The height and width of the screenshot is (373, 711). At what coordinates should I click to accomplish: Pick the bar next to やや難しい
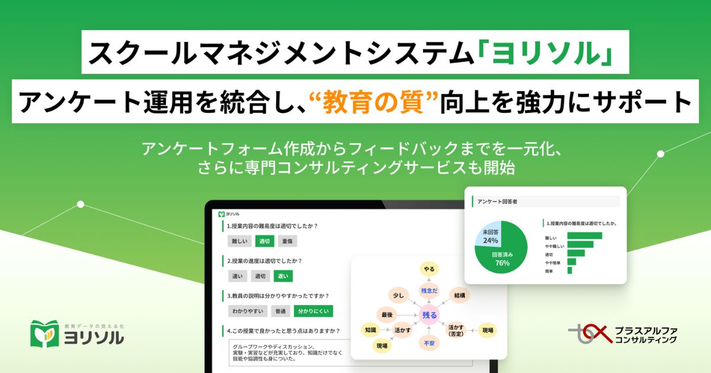pos(580,245)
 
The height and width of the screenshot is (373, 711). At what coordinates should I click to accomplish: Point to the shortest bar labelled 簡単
pos(569,270)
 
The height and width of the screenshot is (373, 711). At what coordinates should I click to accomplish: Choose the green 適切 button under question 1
pos(264,241)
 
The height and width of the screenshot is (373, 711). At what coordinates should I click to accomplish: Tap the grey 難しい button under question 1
pos(239,241)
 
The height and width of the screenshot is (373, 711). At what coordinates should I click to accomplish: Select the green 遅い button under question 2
pos(283,275)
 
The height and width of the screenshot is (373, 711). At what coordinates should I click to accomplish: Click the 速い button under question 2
pos(237,275)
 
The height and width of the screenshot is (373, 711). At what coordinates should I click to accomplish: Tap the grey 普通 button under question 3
pos(280,310)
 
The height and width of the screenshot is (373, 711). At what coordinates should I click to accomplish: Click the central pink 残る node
pos(428,316)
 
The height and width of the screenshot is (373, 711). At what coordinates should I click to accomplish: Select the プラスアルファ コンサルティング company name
pos(646,335)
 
